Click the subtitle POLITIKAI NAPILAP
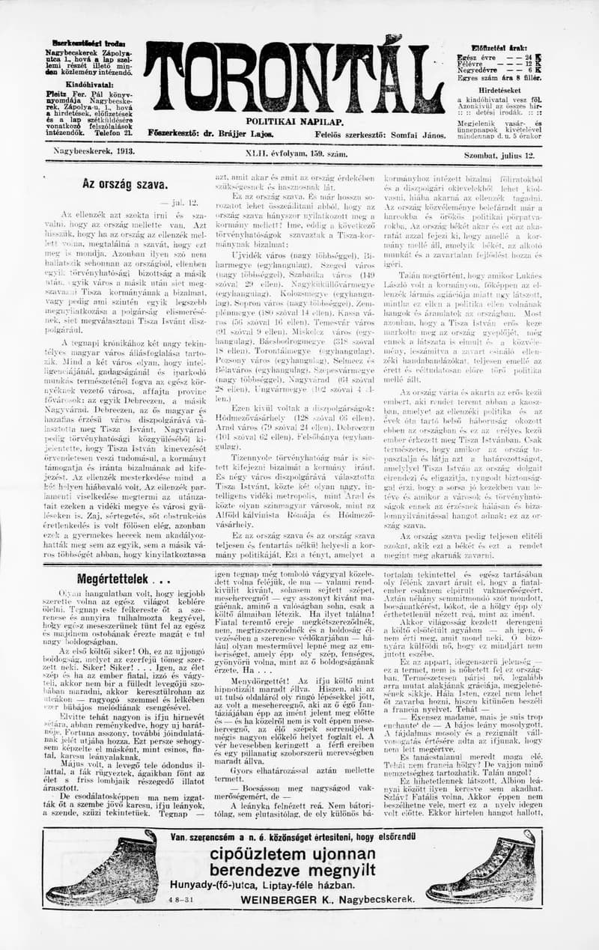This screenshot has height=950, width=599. pyautogui.click(x=294, y=121)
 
